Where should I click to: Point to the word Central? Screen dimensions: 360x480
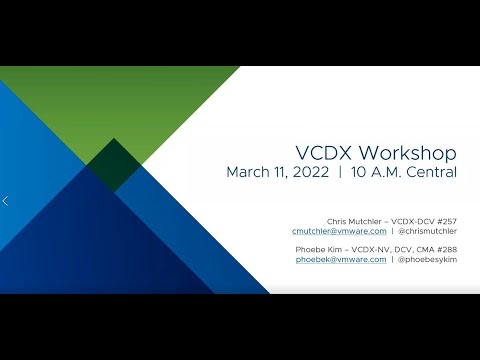(430, 172)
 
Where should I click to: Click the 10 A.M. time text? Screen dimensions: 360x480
(374, 172)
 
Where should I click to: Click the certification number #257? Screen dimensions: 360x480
(445, 220)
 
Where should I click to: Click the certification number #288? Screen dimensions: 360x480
(445, 248)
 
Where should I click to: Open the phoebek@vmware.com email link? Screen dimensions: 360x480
(341, 259)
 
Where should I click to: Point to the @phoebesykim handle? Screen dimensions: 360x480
(428, 259)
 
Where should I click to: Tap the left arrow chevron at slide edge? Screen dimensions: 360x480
(5, 201)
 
